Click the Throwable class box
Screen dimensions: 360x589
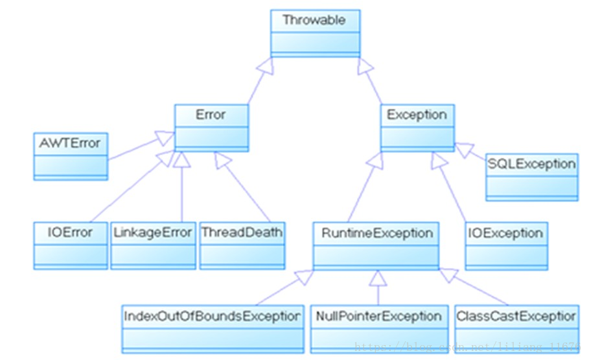(x=314, y=33)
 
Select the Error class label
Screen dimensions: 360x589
(x=211, y=115)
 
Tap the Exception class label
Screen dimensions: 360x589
(x=417, y=115)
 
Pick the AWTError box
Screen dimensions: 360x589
(x=71, y=155)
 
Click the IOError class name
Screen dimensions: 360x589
(x=71, y=232)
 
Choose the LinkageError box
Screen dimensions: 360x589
(x=153, y=232)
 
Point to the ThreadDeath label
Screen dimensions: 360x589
(x=242, y=232)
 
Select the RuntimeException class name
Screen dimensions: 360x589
(x=376, y=232)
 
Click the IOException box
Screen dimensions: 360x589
(x=506, y=245)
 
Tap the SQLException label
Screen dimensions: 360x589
(x=531, y=164)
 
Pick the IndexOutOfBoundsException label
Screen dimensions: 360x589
(x=213, y=317)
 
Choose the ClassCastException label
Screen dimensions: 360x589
(x=516, y=317)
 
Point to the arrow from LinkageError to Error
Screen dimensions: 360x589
(x=182, y=188)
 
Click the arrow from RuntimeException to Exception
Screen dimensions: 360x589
(x=363, y=188)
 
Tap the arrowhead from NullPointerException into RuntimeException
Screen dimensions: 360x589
(x=378, y=278)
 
